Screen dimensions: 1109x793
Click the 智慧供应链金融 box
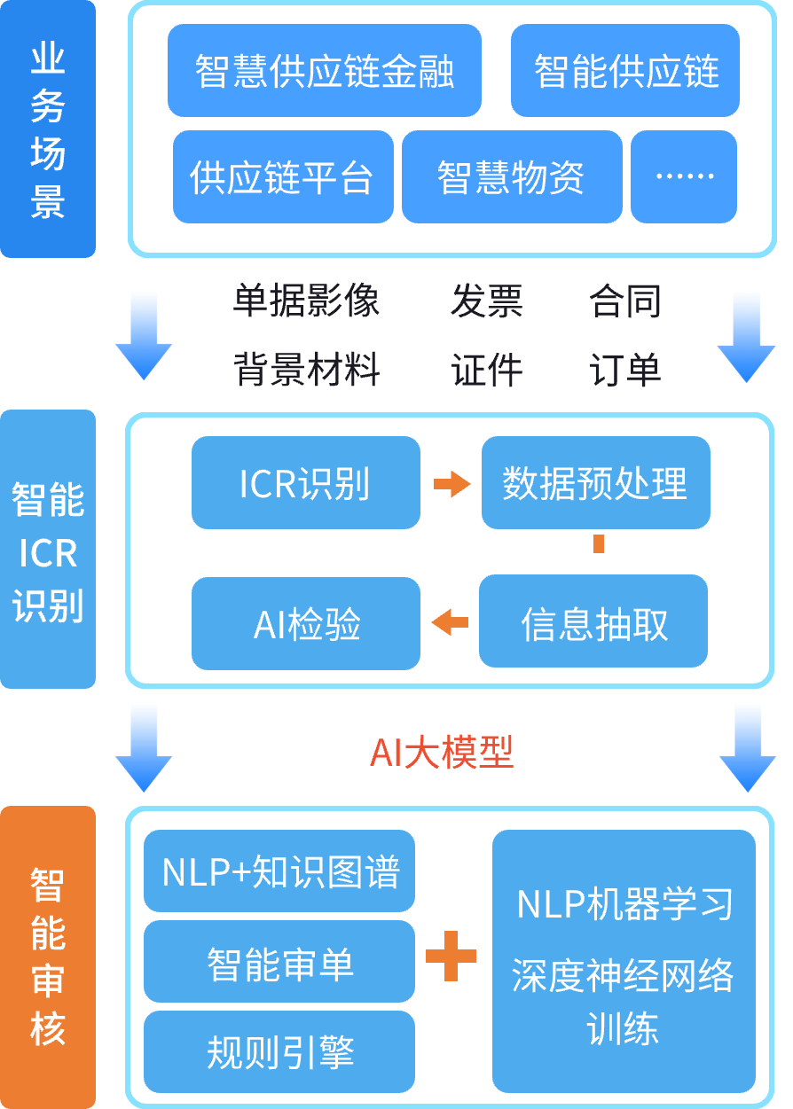coord(324,71)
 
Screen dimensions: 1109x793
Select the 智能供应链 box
coord(624,71)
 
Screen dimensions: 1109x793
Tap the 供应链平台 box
coord(282,177)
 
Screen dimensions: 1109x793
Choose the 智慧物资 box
coord(511,177)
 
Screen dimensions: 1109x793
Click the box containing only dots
coord(683,177)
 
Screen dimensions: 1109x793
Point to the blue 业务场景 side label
coord(48,129)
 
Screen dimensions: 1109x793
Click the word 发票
coord(486,302)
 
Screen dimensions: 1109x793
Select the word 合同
coord(625,302)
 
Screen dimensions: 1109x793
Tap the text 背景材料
coord(306,369)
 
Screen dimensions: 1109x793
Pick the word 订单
coord(625,369)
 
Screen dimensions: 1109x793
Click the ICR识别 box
coord(305,483)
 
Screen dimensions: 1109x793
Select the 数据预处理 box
coord(595,483)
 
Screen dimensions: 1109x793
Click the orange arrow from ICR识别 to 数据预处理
coord(451,484)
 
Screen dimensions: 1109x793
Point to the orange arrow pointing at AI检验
coord(450,622)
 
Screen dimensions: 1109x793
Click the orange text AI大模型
coord(442,753)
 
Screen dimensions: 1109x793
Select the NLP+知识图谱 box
coord(279,871)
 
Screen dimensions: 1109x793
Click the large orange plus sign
coord(451,957)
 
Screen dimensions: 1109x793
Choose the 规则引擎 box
coord(279,1052)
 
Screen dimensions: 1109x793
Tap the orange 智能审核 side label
coord(48,957)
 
